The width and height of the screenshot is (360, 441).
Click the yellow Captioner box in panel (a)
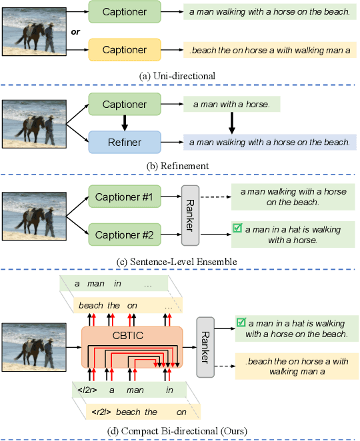click(125, 49)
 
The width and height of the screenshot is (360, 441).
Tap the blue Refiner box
click(125, 141)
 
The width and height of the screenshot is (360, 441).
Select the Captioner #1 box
click(125, 198)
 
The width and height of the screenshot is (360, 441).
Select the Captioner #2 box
click(125, 234)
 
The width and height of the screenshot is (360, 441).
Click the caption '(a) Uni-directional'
click(177, 76)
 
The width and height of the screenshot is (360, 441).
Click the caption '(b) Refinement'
click(177, 165)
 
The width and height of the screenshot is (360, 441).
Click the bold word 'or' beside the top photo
click(76, 31)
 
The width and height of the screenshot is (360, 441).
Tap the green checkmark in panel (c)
click(237, 228)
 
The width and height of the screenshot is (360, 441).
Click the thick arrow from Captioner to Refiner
click(125, 123)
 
